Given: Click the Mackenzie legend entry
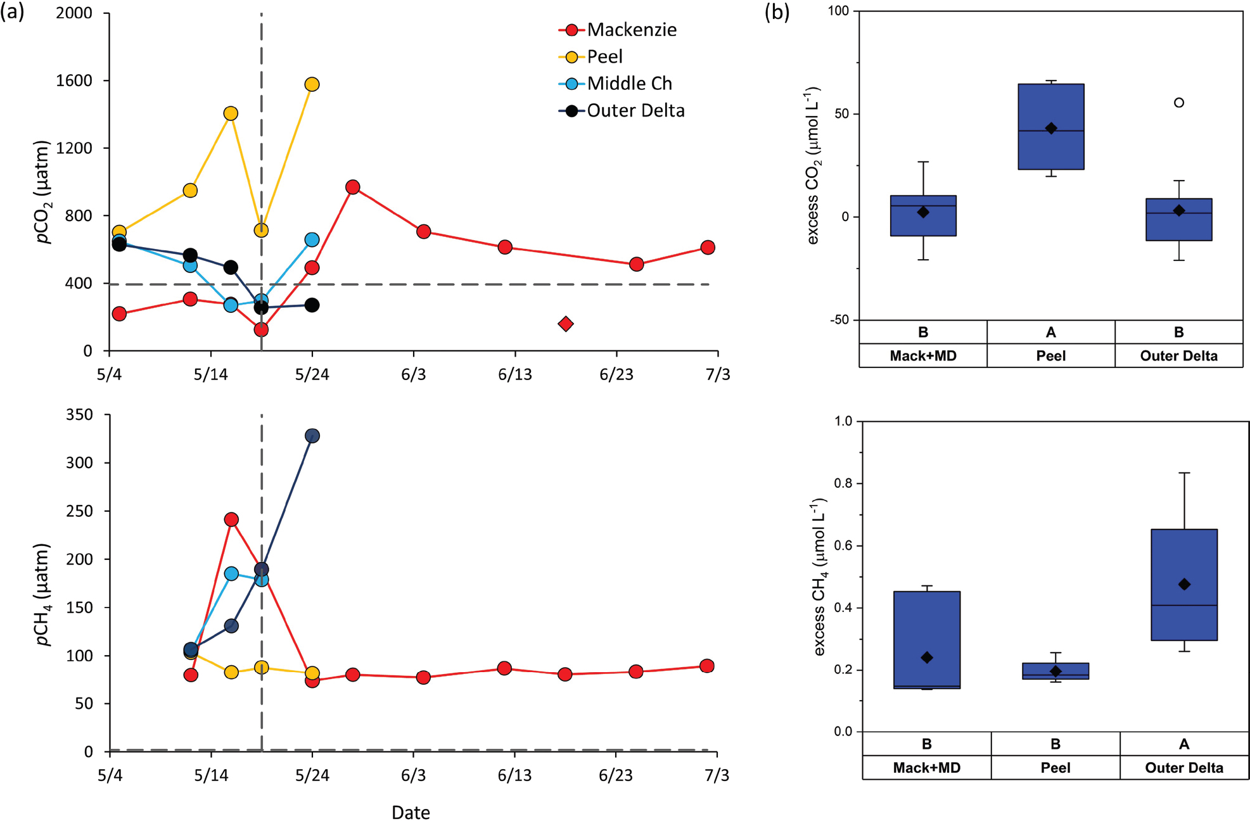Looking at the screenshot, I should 631,30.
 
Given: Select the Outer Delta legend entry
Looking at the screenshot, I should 635,111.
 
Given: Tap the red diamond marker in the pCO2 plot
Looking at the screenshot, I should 566,324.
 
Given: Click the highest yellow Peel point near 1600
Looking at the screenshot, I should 312,84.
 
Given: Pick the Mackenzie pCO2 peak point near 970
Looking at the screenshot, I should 353,187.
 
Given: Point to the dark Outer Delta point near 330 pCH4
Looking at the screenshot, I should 312,436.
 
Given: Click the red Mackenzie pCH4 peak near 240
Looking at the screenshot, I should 231,519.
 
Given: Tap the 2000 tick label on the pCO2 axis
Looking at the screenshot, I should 74,13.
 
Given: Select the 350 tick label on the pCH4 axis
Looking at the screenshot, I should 79,415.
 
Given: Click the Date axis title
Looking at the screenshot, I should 411,812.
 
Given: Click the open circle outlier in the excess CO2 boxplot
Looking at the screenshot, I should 1179,103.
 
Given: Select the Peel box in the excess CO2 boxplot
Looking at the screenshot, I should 1051,127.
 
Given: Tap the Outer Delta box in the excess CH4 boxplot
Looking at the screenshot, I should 1184,584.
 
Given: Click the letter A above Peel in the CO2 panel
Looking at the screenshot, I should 1051,332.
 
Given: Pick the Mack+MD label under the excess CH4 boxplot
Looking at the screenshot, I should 926,768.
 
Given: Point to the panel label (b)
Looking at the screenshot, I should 777,12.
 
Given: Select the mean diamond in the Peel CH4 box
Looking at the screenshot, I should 1055,671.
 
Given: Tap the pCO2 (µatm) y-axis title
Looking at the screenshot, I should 43,192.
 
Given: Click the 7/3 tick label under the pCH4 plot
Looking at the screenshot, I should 717,775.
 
